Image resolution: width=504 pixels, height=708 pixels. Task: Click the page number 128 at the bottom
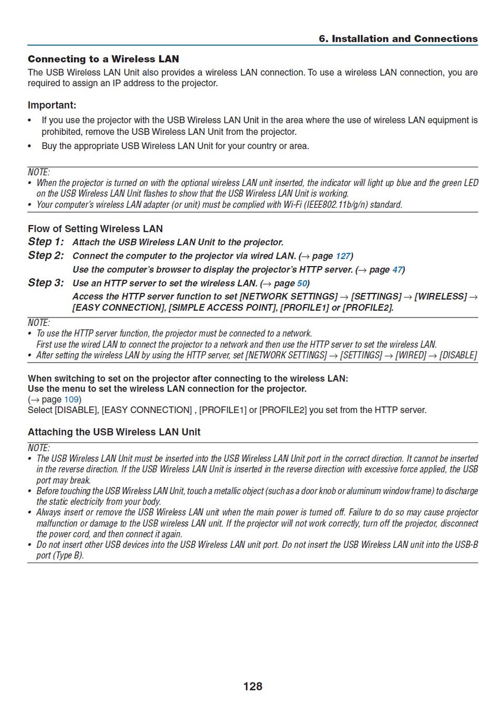[253, 686]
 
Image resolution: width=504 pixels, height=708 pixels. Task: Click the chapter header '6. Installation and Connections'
[398, 39]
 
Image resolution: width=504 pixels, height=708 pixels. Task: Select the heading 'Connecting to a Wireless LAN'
[103, 59]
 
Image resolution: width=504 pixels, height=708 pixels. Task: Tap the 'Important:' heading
[52, 105]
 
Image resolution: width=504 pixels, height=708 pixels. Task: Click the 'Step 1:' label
[46, 242]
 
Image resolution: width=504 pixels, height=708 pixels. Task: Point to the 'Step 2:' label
[46, 256]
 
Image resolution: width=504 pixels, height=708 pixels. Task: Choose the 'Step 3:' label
[46, 283]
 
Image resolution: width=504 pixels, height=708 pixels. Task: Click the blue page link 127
[343, 256]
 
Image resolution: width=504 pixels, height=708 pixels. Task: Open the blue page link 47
[397, 270]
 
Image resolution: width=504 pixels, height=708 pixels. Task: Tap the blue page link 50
[302, 283]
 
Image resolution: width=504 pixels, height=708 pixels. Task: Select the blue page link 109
[71, 399]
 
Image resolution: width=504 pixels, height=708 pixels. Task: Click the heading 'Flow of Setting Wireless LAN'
[95, 228]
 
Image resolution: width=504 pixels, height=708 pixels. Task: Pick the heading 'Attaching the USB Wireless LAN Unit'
[114, 432]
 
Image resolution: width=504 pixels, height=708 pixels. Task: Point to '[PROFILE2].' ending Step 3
[367, 308]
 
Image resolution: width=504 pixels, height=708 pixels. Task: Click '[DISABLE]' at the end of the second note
[458, 355]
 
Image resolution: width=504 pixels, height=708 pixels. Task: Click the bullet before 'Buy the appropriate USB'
[30, 146]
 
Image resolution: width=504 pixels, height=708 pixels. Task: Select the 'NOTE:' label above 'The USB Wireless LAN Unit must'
[39, 448]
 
